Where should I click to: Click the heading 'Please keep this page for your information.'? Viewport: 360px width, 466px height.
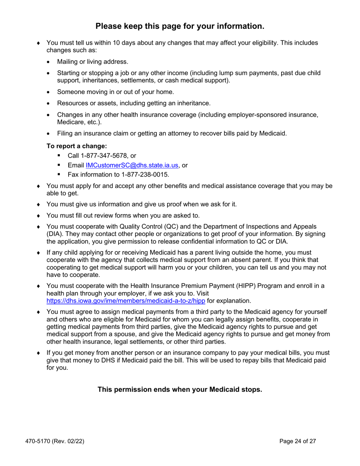pyautogui.click(x=180, y=26)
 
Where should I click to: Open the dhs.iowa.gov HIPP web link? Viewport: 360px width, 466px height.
pyautogui.click(x=126, y=301)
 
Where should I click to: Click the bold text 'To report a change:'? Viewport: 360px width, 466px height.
pyautogui.click(x=77, y=146)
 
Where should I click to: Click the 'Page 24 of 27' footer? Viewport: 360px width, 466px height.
pyautogui.click(x=297, y=441)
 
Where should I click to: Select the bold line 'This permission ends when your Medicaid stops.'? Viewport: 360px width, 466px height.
pyautogui.click(x=180, y=389)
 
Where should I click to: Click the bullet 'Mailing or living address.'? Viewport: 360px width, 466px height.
pyautogui.click(x=92, y=62)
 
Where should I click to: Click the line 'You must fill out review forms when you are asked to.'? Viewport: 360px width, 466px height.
pyautogui.click(x=123, y=216)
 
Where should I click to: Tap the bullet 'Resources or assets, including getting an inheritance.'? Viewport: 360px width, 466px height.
pyautogui.click(x=133, y=103)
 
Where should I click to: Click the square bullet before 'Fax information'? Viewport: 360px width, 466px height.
pyautogui.click(x=59, y=175)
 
